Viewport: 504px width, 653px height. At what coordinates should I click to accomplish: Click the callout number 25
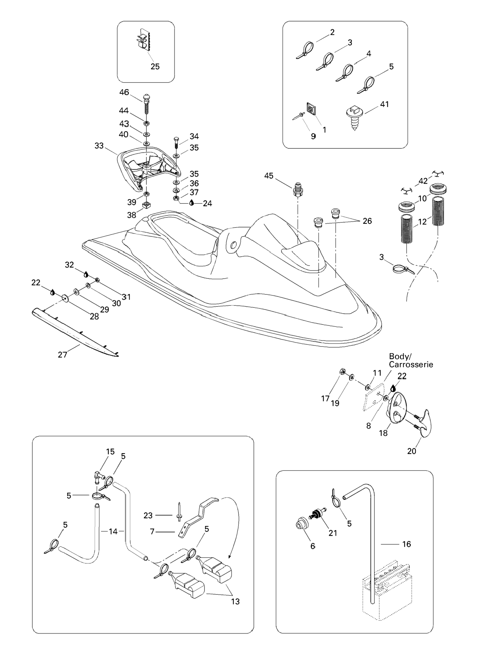pos(155,66)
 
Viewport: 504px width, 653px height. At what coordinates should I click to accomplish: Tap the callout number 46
pos(124,92)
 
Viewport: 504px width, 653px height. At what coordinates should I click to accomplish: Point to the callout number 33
pos(99,146)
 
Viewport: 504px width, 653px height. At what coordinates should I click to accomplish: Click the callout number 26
pos(367,221)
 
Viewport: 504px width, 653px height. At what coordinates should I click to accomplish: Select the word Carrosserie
pos(411,365)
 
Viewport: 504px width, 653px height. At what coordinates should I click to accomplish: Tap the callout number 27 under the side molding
pos(63,354)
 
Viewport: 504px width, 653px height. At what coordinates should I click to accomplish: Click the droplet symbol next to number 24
pos(192,203)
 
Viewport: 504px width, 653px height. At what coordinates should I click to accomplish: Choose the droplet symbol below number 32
pos(86,274)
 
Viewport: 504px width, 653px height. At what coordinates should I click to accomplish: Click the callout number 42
pos(423,181)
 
